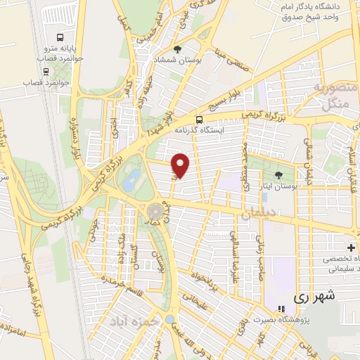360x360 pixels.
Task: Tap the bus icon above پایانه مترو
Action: click(59, 37)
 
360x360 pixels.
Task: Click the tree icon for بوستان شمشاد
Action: click(176, 50)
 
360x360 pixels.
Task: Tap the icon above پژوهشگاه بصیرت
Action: click(281, 309)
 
